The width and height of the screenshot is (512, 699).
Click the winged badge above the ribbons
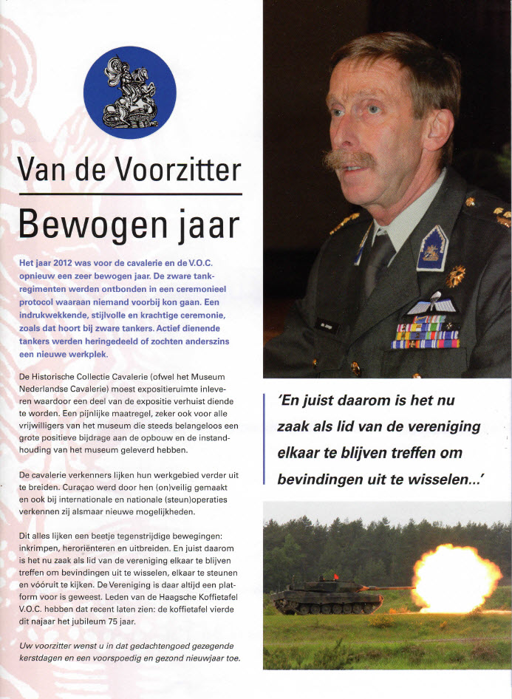pyautogui.click(x=432, y=304)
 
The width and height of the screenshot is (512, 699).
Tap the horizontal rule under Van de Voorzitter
pyautogui.click(x=130, y=194)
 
